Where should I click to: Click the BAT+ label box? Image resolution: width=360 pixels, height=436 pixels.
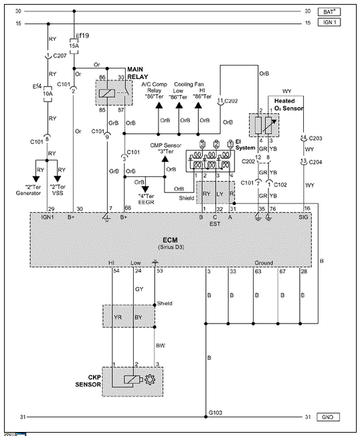point(329,11)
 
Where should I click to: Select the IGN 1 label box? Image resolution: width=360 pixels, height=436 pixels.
point(329,22)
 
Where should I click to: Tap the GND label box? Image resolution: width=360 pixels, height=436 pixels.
point(329,417)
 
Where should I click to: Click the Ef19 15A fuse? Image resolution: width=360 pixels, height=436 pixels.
point(74,46)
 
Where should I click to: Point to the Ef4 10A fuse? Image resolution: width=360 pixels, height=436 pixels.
point(48,94)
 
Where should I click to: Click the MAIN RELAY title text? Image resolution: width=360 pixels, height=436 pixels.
point(137,73)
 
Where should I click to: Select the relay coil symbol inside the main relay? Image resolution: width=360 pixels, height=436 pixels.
point(107,93)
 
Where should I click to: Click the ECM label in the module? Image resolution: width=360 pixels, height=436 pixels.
point(170,240)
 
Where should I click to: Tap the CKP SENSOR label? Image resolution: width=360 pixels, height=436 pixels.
point(88,381)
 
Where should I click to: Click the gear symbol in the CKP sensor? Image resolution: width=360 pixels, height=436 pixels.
point(150,380)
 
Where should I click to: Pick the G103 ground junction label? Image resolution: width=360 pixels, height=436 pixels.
point(215,413)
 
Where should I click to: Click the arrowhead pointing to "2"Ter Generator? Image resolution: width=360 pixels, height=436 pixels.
point(36,179)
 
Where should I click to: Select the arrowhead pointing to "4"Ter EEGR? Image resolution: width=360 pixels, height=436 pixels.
point(145,190)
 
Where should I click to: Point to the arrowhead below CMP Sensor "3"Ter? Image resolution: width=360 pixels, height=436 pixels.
point(165,159)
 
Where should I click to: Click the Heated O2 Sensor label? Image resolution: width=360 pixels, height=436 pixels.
point(288,104)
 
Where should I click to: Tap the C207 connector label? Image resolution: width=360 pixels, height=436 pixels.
point(60,56)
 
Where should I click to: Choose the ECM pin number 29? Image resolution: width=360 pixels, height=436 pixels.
point(51,209)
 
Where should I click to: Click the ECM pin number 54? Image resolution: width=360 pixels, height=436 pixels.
point(116,271)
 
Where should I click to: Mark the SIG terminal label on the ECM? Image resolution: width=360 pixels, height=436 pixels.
point(303,217)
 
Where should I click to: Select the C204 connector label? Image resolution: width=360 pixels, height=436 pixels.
point(315,162)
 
